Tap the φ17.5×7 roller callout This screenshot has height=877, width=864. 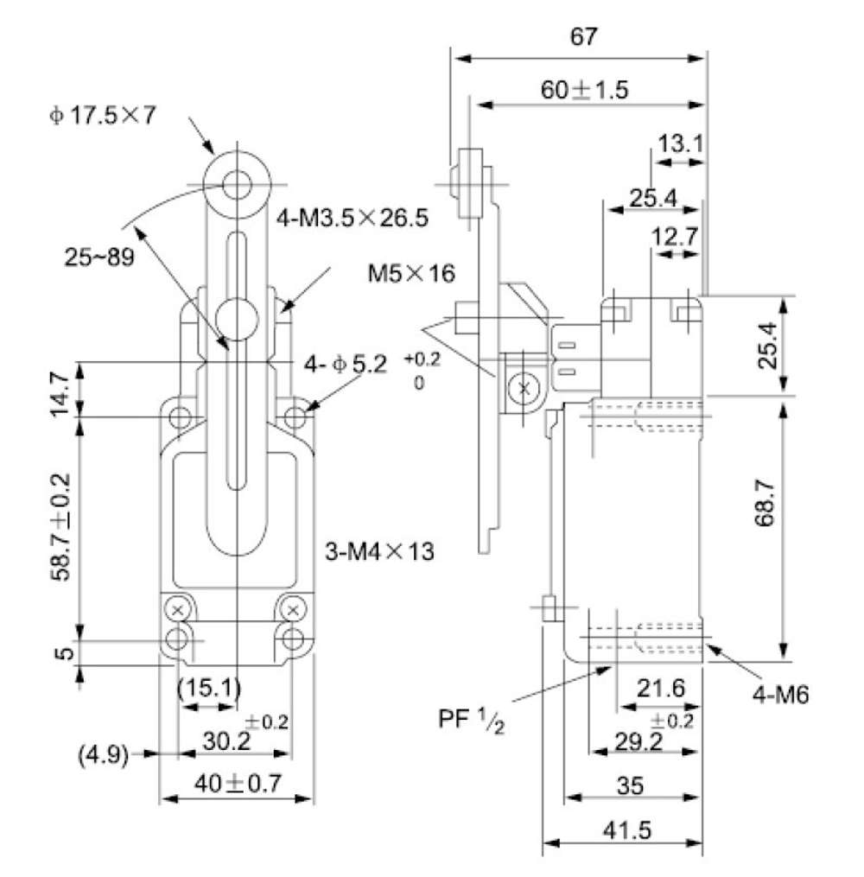coord(103,115)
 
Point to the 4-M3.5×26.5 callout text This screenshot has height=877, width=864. coord(353,218)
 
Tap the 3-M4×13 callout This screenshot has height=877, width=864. coord(378,550)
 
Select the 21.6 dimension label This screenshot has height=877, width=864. coord(662,689)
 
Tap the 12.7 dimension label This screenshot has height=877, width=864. coord(676,236)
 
